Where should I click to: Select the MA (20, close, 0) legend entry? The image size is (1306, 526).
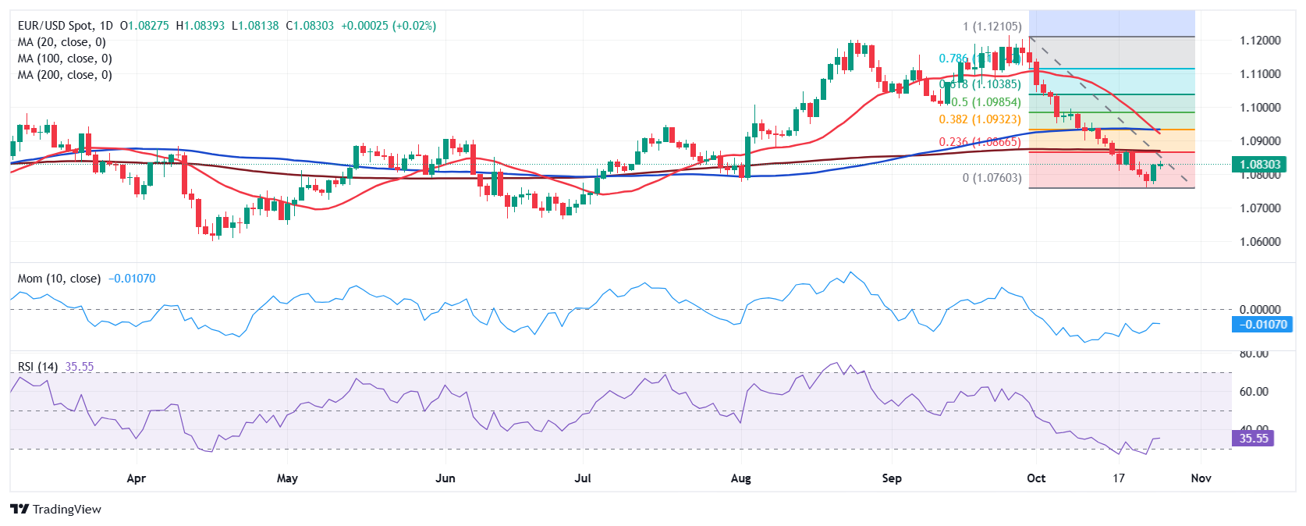(62, 42)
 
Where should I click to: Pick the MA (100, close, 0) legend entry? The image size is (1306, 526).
(65, 59)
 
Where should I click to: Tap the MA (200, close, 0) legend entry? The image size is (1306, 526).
(65, 75)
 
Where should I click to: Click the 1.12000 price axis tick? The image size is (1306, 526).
(1260, 41)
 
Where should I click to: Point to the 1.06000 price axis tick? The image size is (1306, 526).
(1260, 242)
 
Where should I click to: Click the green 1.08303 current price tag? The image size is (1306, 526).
(1260, 165)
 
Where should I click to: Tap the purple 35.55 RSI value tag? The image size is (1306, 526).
(1253, 439)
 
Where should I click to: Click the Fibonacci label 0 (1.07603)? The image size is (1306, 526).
(992, 178)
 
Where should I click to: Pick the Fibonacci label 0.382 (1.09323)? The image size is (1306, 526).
(979, 119)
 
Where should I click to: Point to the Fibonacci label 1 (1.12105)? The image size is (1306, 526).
(992, 27)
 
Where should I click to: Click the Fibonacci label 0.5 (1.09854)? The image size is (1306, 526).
(985, 102)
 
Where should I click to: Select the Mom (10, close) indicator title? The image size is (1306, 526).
(59, 279)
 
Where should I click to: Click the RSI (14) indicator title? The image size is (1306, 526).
(37, 367)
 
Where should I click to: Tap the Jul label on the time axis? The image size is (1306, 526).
(583, 478)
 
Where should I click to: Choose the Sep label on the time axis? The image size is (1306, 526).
(892, 478)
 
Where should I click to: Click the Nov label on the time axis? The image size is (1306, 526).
(1201, 478)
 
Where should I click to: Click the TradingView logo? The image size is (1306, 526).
(56, 510)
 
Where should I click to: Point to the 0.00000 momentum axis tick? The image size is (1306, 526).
(1260, 310)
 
